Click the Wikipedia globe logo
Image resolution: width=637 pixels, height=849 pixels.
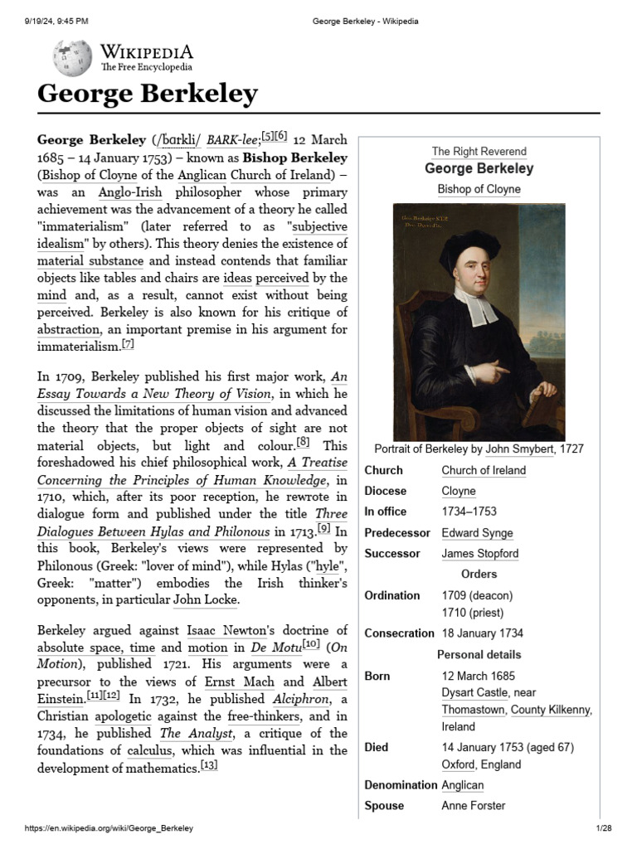pos(72,57)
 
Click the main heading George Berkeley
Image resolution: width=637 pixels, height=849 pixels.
pos(148,94)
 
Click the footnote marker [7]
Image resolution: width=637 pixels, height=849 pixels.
pos(127,343)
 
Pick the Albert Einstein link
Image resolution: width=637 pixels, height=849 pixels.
pos(329,682)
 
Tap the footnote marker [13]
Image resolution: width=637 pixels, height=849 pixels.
pos(209,765)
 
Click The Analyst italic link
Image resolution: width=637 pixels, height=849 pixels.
pos(182,733)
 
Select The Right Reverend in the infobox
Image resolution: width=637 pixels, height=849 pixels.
pos(479,152)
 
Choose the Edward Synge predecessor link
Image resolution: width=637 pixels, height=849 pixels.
pos(477,532)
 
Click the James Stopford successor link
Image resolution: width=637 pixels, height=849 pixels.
pos(479,553)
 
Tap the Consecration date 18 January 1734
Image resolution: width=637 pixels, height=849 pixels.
pos(482,633)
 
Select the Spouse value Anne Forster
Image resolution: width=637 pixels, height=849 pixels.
pos(473,805)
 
